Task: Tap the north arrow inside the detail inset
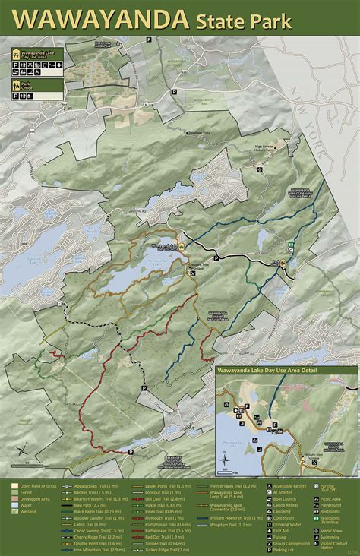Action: point(226,458)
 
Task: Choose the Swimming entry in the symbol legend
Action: point(333,537)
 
